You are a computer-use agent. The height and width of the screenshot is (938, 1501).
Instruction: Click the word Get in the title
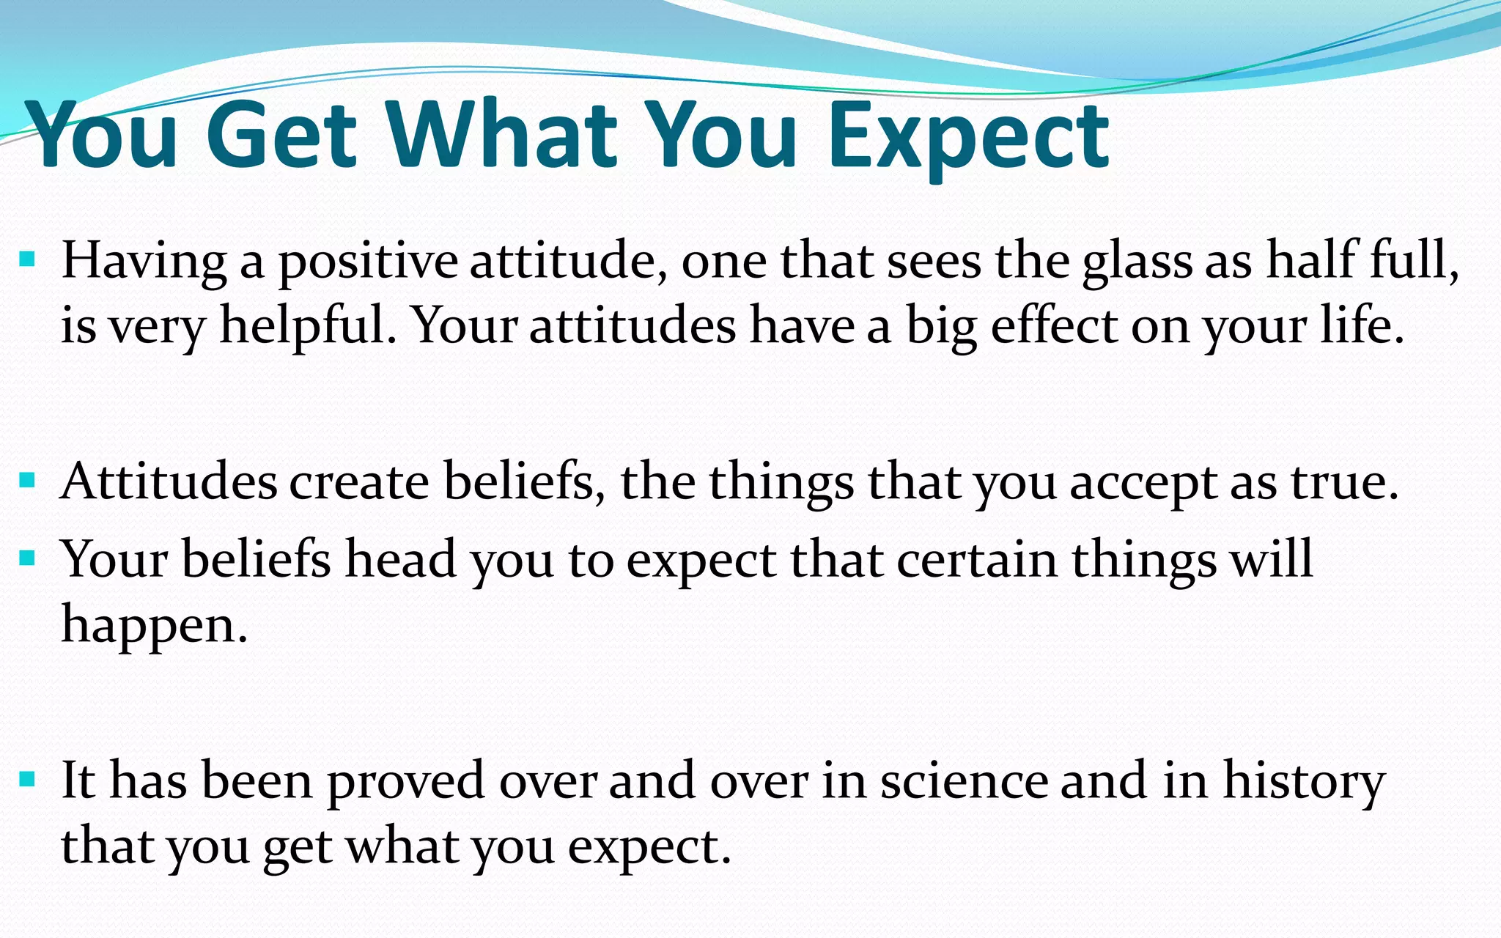282,136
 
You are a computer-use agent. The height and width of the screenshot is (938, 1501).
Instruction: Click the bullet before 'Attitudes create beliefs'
27,481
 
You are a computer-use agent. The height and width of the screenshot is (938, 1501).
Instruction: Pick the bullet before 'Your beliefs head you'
27,559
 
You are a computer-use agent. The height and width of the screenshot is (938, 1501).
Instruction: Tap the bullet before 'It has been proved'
27,779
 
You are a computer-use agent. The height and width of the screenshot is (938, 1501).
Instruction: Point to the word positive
368,262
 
